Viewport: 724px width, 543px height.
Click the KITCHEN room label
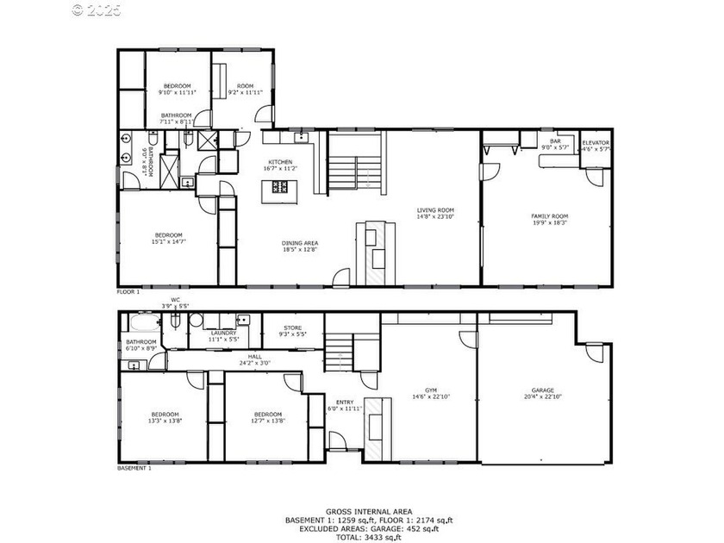[x=280, y=162]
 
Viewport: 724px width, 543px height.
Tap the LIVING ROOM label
[x=435, y=210]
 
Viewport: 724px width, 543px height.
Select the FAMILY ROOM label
[x=549, y=216]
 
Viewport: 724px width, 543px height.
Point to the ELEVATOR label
[x=596, y=142]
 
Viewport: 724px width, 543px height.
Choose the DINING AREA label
[x=300, y=243]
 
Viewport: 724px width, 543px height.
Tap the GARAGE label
[x=543, y=390]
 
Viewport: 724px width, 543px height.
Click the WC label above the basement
[x=175, y=300]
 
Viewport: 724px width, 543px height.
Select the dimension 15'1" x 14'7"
[x=169, y=242]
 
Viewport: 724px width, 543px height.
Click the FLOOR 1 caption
[x=128, y=292]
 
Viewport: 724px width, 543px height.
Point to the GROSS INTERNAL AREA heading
[x=361, y=511]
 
